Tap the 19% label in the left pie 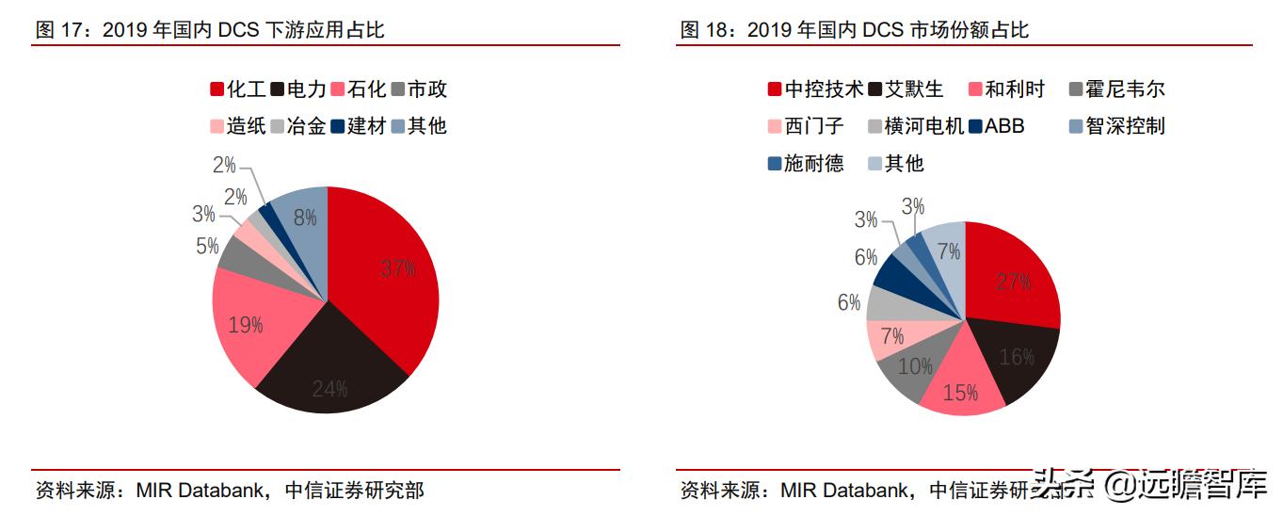245,326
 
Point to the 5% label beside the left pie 207,247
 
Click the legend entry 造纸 236,125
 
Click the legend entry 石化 357,89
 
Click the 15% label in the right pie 960,393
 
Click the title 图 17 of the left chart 210,30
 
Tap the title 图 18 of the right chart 854,30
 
